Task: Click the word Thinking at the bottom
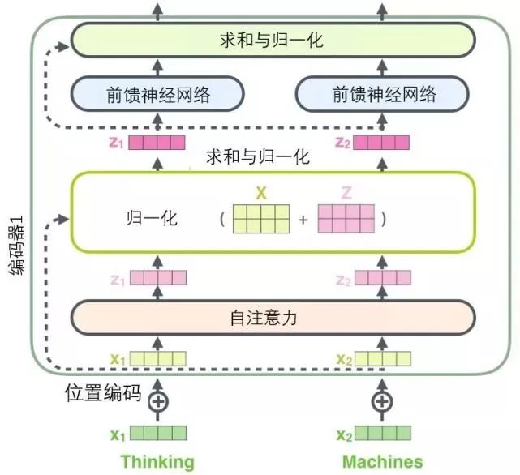coord(157,461)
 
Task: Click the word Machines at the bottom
coord(382,461)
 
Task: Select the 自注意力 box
coord(272,318)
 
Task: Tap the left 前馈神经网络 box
coord(158,95)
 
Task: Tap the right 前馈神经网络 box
coord(383,95)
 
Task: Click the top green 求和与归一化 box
coord(272,39)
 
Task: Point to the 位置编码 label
coord(103,395)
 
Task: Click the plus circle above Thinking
coord(159,400)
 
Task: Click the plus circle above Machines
coord(381,400)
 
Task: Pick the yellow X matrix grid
coord(261,219)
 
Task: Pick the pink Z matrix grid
coord(346,219)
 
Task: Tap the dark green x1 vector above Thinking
coord(159,434)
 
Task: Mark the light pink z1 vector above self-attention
coord(159,280)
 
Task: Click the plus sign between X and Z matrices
coord(303,220)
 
